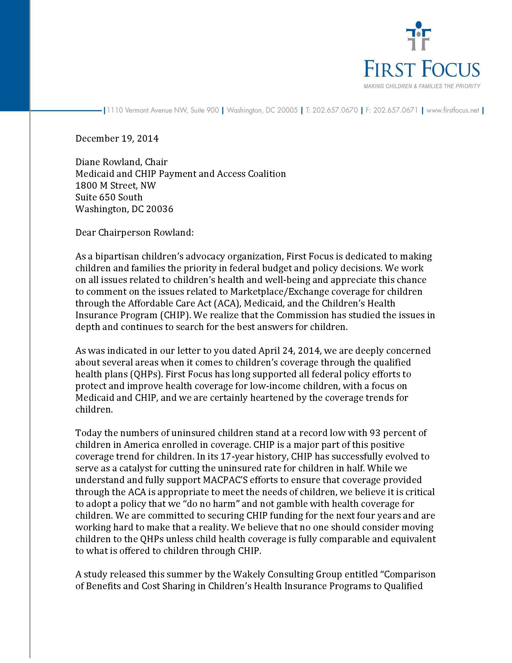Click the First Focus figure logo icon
pos(418,36)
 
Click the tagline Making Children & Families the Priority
pos(422,86)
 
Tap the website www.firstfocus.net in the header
pos(453,110)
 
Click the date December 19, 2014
pos(117,139)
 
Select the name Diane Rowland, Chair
pos(121,162)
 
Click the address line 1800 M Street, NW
pos(116,185)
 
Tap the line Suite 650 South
pos(109,197)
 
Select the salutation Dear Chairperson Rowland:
pos(134,233)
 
